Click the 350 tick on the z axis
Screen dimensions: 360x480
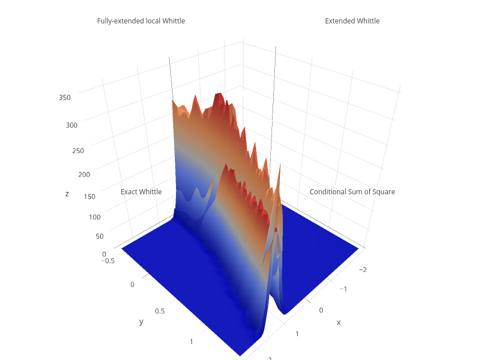(65, 98)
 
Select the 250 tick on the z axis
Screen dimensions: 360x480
(78, 151)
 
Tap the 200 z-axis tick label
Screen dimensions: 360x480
(84, 175)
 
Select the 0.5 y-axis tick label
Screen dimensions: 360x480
(161, 311)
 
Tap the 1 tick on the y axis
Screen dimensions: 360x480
(193, 342)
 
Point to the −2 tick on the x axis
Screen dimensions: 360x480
(362, 269)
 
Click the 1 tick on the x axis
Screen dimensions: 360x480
(297, 333)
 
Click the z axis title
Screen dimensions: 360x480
(67, 194)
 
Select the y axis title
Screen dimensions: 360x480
(141, 322)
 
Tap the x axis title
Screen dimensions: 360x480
(338, 322)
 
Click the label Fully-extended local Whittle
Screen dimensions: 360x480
(141, 21)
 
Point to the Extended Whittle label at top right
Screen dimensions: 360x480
(352, 21)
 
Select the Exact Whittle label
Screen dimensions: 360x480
(141, 192)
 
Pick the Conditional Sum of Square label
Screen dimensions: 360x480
(352, 192)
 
